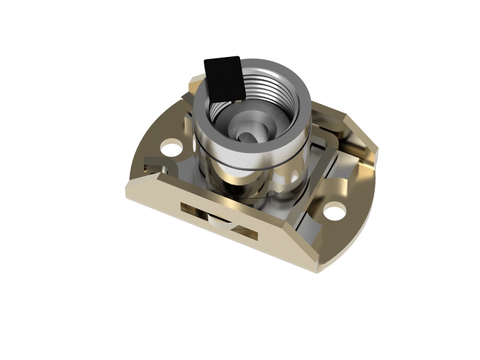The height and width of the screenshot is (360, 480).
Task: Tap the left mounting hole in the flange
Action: [172, 146]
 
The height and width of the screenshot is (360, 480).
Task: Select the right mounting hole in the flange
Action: [335, 211]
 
